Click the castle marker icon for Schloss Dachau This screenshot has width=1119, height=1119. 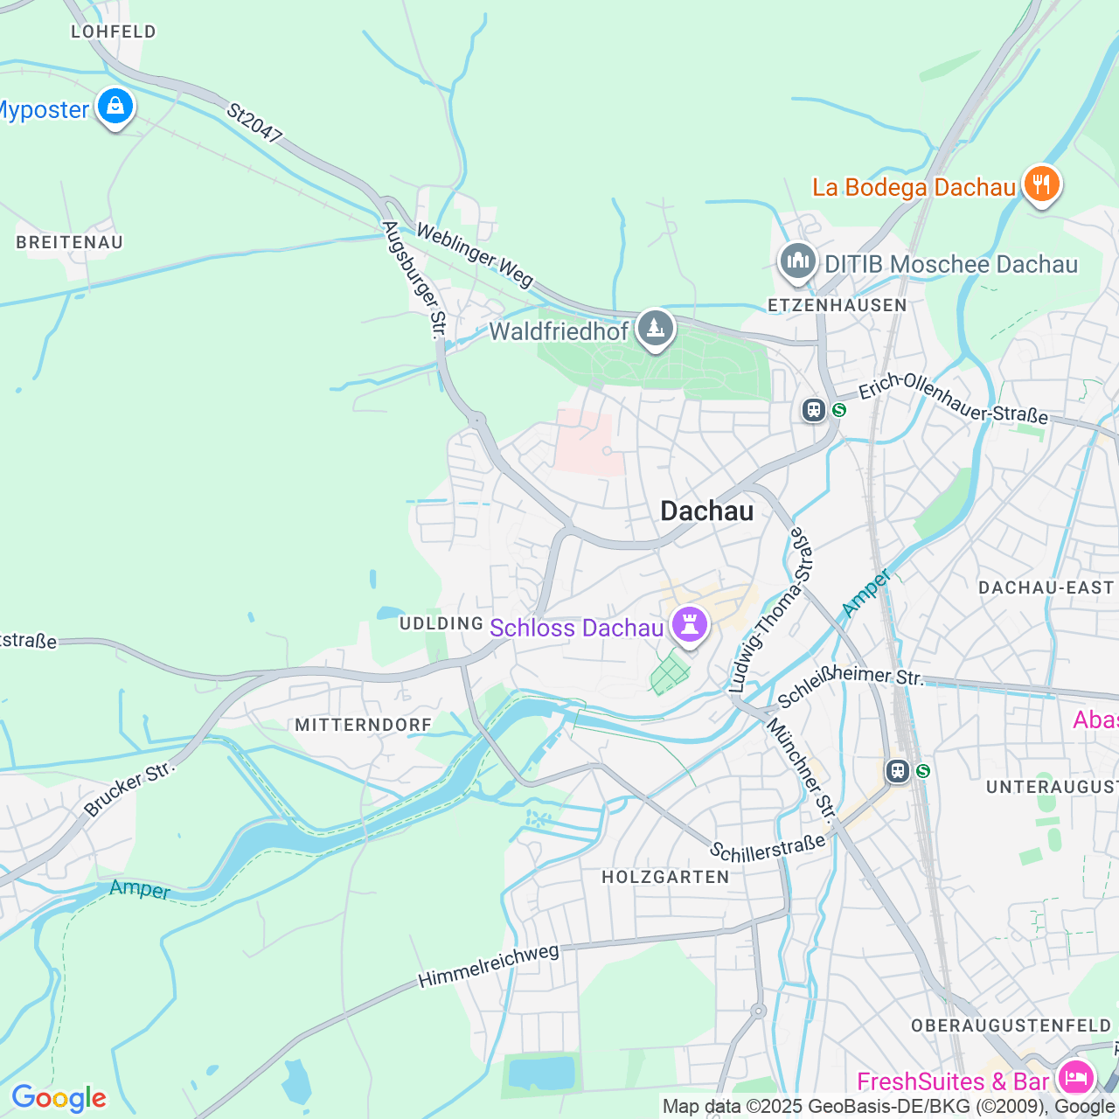690,625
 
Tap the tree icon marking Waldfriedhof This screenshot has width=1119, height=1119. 655,329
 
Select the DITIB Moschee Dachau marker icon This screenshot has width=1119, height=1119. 797,261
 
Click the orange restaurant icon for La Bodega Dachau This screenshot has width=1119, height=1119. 1041,184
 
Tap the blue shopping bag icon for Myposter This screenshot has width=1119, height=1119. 115,107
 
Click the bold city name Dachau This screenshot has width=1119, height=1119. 706,511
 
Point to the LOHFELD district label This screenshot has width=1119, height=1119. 114,31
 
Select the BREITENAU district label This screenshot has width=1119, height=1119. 70,242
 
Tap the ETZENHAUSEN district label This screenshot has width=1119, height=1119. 837,305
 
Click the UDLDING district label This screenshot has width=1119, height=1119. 441,623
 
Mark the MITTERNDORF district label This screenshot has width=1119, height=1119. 364,725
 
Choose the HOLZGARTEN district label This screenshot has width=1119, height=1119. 665,877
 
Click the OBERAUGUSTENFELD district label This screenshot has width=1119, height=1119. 1011,1025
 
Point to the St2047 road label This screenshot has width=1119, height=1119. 254,123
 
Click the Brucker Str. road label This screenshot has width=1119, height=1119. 129,789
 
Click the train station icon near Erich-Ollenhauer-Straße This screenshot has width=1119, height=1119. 814,409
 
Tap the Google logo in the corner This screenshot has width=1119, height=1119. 59,1098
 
